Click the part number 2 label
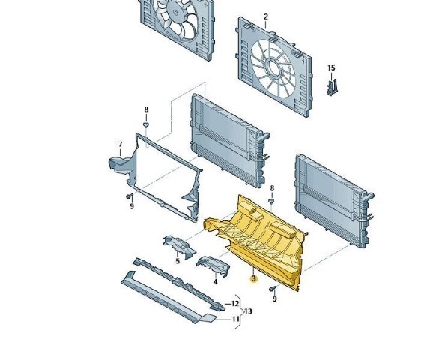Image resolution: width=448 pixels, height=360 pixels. pos(266,16)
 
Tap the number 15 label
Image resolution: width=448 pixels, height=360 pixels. pos(331,68)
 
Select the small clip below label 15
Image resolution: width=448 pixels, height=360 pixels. pos(331,87)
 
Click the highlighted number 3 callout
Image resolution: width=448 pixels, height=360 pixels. pos(253,278)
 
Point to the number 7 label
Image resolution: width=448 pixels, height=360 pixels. pos(121,145)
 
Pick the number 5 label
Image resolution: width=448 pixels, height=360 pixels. pos(178,261)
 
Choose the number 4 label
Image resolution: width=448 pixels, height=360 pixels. pos(215,282)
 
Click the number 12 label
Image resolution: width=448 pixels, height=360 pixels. pos(234,304)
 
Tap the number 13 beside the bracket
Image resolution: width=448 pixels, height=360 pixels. pos(248,310)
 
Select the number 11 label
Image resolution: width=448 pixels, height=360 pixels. pos(235,319)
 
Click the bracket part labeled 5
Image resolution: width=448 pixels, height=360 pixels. pos(180,247)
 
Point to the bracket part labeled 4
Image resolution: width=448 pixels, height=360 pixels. pos(213,265)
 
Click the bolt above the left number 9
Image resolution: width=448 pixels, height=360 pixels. pos(130,196)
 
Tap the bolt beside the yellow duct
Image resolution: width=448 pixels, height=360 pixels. pos(273,289)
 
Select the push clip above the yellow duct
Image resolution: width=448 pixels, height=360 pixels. pos(271,202)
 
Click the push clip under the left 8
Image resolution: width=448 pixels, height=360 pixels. pos(146,124)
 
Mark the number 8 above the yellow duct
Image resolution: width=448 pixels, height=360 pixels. pos(272,189)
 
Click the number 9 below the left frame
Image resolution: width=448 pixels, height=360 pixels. pos(132,206)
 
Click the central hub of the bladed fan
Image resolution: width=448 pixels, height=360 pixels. pos(175,12)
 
